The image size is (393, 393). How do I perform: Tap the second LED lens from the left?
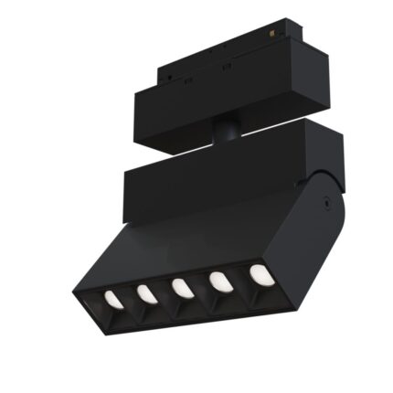[146, 293]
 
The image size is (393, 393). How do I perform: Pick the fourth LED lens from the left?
[219, 281]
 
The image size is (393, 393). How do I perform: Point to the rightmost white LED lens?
[259, 272]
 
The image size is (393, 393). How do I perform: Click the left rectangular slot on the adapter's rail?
[186, 80]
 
